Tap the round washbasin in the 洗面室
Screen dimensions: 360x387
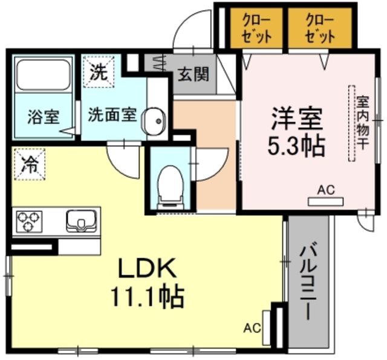tap(154, 120)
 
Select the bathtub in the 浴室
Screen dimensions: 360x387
tap(43, 75)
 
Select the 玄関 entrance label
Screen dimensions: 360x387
tap(193, 74)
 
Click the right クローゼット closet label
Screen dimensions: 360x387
tap(319, 28)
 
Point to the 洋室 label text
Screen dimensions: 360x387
tap(294, 117)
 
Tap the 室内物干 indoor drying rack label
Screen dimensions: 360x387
tap(362, 124)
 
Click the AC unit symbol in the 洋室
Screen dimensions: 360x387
tap(325, 200)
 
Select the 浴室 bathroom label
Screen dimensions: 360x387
tap(43, 117)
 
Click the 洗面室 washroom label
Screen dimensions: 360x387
tap(112, 115)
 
